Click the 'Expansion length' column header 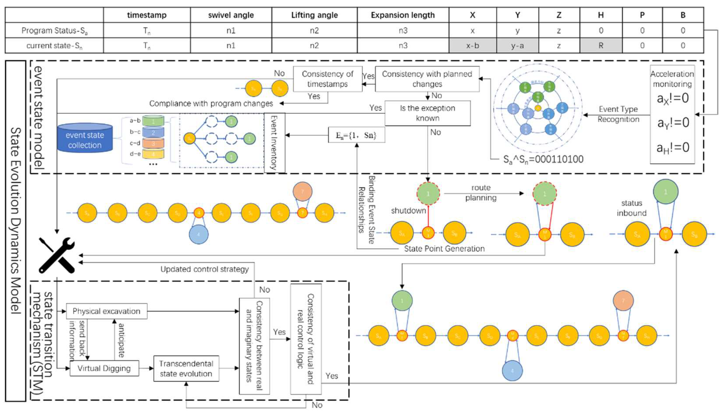403,15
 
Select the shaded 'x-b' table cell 473,46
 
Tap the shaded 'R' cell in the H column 601,46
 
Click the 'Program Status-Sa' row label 54,30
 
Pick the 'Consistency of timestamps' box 327,79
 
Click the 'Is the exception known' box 427,113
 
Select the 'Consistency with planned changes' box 427,79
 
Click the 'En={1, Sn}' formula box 356,135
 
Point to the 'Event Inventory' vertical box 274,143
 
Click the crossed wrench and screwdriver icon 57,255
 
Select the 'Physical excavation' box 106,311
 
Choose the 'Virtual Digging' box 104,368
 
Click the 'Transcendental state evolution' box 186,368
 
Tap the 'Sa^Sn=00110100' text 543,159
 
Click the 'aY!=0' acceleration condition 673,123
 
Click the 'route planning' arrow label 481,193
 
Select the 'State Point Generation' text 444,249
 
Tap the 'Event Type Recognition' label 618,114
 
